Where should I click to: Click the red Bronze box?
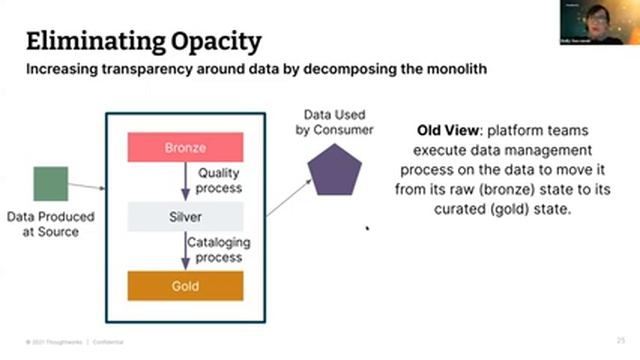184,149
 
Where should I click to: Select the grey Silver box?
184,216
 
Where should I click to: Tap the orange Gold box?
184,285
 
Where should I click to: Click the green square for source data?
51,183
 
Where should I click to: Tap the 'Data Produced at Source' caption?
50,224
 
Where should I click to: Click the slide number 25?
621,341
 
